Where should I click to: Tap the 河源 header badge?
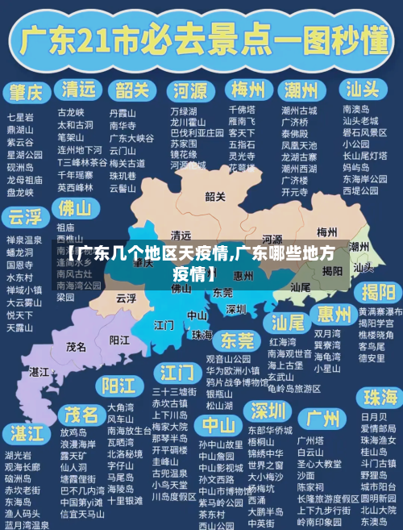point(190,89)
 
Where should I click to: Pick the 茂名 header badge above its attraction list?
point(82,414)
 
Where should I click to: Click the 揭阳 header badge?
point(379,291)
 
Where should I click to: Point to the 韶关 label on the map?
point(215,196)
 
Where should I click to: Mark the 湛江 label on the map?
point(39,372)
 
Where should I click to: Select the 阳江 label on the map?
point(120,340)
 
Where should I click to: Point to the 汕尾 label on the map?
point(301,286)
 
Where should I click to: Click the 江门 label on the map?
point(164,325)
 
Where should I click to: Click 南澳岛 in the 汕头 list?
point(356,109)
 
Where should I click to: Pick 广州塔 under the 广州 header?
point(310,440)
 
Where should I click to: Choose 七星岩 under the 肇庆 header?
point(20,117)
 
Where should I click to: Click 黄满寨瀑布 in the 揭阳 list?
point(380,311)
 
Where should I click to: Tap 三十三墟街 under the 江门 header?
point(174,391)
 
